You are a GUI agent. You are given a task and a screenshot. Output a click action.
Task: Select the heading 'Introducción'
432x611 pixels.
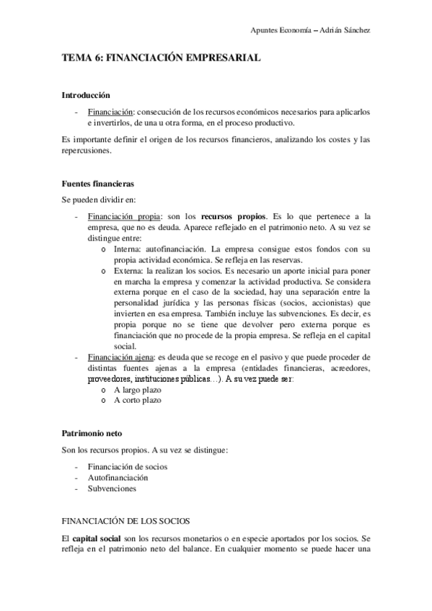coord(86,94)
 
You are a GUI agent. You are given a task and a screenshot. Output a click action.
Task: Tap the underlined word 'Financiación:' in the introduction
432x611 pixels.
coord(110,113)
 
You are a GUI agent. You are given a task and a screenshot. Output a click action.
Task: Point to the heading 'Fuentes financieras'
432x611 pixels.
coord(97,184)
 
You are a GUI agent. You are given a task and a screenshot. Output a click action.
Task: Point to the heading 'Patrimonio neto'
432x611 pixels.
coord(92,434)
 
